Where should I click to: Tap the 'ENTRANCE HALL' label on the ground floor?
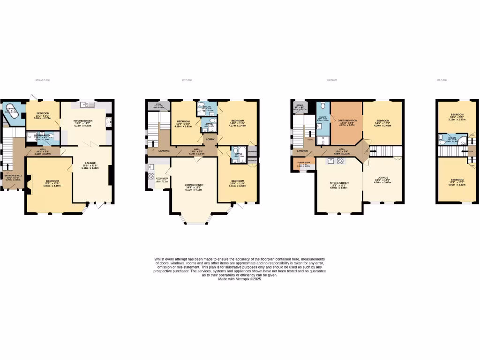tap(12, 178)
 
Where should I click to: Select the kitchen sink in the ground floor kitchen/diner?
tap(87, 105)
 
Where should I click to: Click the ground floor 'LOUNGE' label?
tap(90, 163)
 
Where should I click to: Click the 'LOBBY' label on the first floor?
tap(210, 139)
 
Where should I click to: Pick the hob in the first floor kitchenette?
tap(151, 177)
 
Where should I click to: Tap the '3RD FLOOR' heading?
tap(442, 80)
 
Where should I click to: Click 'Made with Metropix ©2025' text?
tap(240, 279)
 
